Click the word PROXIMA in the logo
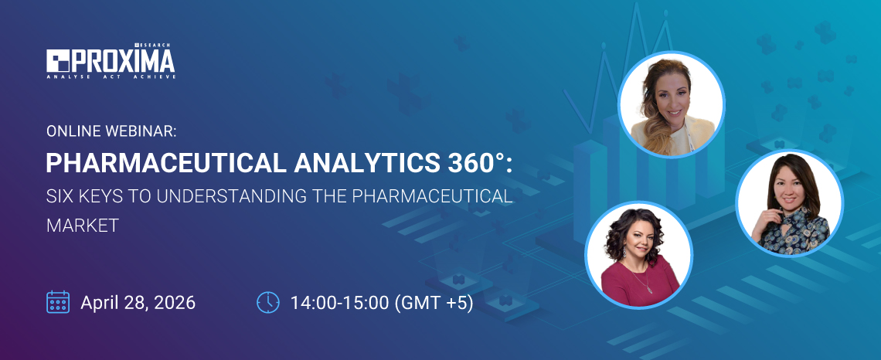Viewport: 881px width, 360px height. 124,61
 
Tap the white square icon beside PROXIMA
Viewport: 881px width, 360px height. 59,61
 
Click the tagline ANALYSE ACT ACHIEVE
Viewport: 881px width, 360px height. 111,76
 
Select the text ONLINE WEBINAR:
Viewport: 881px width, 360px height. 111,131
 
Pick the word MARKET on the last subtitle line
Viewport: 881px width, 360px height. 81,226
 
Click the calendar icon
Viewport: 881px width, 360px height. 58,301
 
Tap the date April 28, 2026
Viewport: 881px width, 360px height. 138,302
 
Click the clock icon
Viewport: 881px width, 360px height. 267,301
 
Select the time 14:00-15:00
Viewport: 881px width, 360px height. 339,302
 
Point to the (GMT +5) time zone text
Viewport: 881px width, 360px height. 434,302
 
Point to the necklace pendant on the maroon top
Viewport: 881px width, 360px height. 648,288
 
